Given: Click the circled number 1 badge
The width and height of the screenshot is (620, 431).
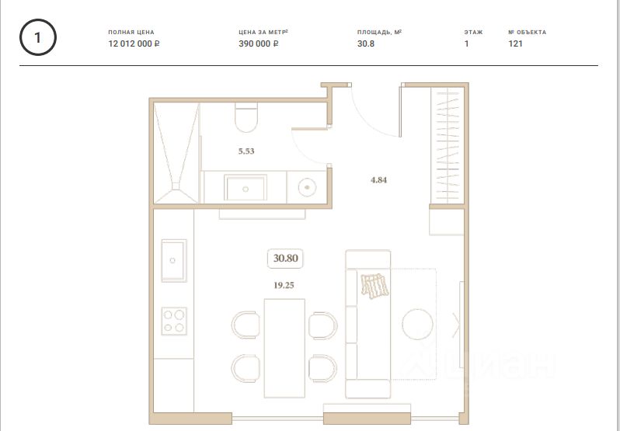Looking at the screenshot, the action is (38, 37).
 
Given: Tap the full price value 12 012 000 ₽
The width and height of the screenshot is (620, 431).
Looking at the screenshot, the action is (134, 43).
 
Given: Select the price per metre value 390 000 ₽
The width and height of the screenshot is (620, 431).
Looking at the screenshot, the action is (259, 43).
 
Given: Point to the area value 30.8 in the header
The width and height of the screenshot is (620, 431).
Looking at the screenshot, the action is (366, 43).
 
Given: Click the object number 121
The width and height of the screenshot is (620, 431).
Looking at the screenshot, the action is (515, 43).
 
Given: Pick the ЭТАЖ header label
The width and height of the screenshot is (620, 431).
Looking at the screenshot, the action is (473, 33).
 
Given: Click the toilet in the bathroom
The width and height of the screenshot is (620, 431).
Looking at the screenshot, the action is (246, 117).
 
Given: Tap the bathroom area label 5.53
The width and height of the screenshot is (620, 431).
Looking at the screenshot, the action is (246, 151).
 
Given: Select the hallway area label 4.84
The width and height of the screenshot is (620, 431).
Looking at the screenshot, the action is (379, 180).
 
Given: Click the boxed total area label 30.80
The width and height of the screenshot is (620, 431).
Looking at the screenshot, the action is (285, 259).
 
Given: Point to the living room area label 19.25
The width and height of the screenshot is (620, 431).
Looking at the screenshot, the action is (284, 285).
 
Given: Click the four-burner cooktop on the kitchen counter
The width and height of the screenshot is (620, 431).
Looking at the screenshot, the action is (174, 322).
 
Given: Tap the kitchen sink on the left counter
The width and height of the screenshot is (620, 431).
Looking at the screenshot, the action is (173, 261).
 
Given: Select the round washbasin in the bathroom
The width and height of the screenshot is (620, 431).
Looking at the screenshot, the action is (307, 187).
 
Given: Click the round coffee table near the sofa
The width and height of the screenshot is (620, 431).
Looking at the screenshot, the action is (417, 324).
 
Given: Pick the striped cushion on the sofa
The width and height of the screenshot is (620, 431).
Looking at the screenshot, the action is (374, 286).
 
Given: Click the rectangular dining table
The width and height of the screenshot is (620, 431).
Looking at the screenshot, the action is (284, 348).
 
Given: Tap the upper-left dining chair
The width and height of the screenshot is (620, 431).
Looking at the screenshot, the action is (246, 325).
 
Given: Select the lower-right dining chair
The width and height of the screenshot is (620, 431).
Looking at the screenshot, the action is (322, 368).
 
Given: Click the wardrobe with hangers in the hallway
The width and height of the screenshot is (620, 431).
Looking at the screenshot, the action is (448, 145).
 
